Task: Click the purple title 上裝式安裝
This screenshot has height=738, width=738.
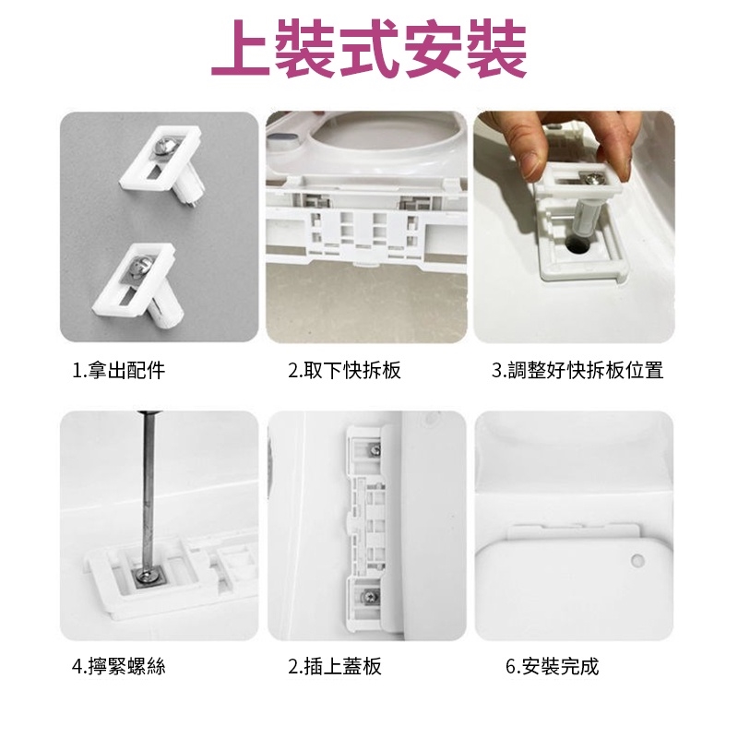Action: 368,49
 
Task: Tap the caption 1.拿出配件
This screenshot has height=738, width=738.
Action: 119,371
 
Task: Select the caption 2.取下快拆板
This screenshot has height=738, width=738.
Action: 344,371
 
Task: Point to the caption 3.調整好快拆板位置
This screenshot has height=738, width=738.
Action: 577,371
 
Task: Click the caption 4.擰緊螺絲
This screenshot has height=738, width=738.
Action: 119,666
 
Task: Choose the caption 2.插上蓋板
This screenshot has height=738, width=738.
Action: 335,666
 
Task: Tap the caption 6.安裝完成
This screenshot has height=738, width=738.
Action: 552,666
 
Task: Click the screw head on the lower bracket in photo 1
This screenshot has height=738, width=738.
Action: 141,266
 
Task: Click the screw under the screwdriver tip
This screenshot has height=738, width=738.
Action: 144,575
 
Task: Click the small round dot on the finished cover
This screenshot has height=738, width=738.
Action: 637,560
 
